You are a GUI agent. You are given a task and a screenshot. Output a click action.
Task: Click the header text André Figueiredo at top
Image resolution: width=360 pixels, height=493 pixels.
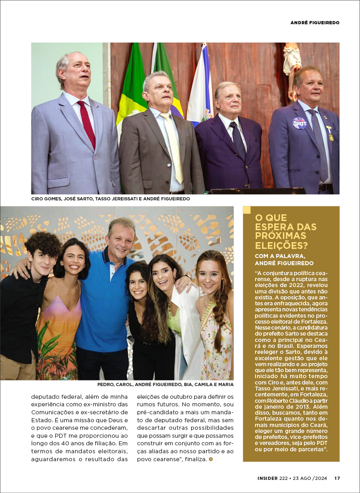click(315, 23)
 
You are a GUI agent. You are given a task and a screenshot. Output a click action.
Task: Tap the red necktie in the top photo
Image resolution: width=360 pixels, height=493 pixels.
click(87, 123)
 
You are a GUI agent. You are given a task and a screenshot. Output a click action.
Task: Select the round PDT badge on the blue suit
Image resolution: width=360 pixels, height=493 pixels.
click(300, 123)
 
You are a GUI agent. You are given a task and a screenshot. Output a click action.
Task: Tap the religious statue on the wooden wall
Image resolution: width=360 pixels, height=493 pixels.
click(292, 68)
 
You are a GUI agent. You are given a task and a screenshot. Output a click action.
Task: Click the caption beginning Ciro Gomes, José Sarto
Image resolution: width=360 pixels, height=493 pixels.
click(110, 199)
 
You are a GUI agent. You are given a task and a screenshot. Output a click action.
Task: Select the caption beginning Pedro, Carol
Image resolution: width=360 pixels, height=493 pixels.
click(165, 384)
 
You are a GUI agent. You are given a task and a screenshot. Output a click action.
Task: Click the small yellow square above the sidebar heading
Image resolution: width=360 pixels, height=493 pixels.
click(247, 210)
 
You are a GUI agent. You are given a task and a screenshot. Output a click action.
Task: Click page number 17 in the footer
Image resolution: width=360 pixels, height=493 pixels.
click(337, 478)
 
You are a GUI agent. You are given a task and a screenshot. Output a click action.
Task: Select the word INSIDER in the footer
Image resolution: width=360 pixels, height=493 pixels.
click(267, 478)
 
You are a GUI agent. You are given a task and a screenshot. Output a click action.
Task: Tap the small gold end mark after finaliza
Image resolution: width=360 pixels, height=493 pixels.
click(211, 459)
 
